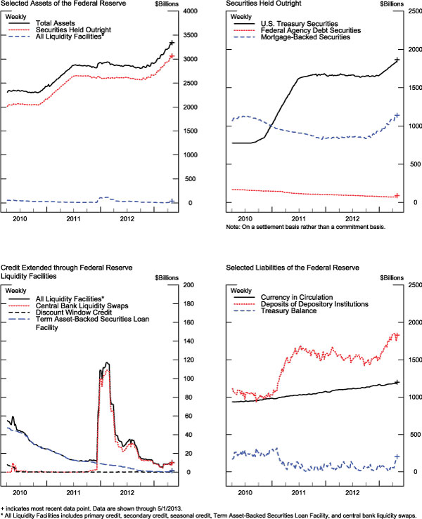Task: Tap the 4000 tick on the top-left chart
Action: [188, 12]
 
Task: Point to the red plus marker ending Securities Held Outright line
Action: [172, 55]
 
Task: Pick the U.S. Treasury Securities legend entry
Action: [303, 24]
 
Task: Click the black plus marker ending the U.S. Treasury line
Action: [397, 60]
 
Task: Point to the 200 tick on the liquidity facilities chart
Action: [187, 284]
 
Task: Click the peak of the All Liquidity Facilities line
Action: [107, 362]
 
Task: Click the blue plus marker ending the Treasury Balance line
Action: [397, 456]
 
